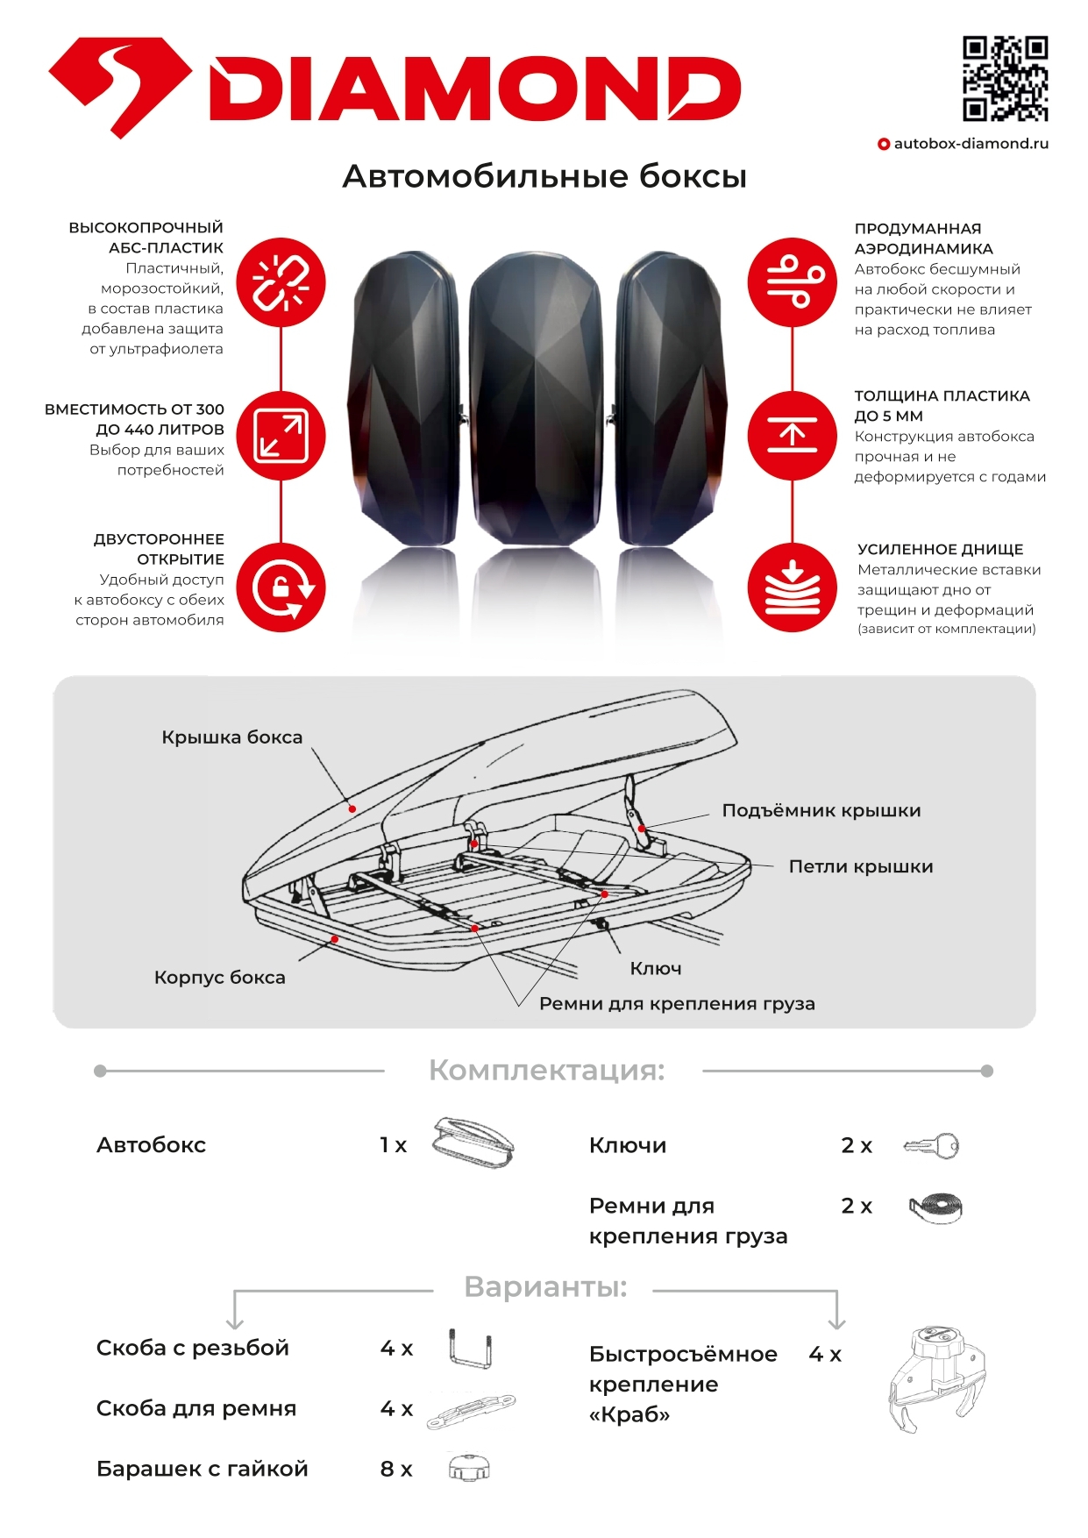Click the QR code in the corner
(1005, 78)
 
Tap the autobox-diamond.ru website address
(971, 144)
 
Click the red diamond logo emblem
(119, 86)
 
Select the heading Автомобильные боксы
(544, 176)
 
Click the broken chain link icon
(281, 282)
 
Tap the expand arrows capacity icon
(281, 436)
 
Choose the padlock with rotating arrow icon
(281, 587)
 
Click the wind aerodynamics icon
(793, 282)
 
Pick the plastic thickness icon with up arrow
(793, 436)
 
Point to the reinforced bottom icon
(793, 587)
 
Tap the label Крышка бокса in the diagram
(231, 737)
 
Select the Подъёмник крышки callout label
(821, 810)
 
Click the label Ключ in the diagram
(655, 968)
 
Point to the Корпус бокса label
(219, 977)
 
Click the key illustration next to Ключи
(933, 1145)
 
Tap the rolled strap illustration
(935, 1207)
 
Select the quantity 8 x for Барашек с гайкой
(396, 1469)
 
